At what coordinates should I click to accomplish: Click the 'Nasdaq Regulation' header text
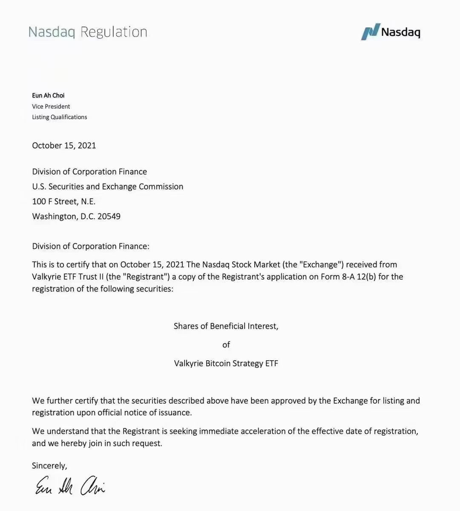pyautogui.click(x=88, y=32)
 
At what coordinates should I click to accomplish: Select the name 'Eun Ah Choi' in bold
pyautogui.click(x=48, y=95)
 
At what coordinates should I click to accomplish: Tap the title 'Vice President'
pyautogui.click(x=51, y=106)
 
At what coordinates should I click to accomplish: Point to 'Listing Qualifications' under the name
pyautogui.click(x=59, y=117)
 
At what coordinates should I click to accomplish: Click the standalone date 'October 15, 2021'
pyautogui.click(x=64, y=146)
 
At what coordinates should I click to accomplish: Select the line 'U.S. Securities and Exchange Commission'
pyautogui.click(x=107, y=187)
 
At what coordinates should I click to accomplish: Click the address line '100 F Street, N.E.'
pyautogui.click(x=63, y=201)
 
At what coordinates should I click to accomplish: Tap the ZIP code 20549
pyautogui.click(x=109, y=216)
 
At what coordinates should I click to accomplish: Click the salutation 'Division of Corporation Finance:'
pyautogui.click(x=90, y=246)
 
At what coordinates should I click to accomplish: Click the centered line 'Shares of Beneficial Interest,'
pyautogui.click(x=226, y=326)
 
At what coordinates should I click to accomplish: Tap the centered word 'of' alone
pyautogui.click(x=226, y=344)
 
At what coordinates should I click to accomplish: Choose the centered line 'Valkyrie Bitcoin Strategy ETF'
pyautogui.click(x=226, y=364)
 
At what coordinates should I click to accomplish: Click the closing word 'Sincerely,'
pyautogui.click(x=49, y=466)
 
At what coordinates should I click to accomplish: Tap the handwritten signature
pyautogui.click(x=70, y=485)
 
